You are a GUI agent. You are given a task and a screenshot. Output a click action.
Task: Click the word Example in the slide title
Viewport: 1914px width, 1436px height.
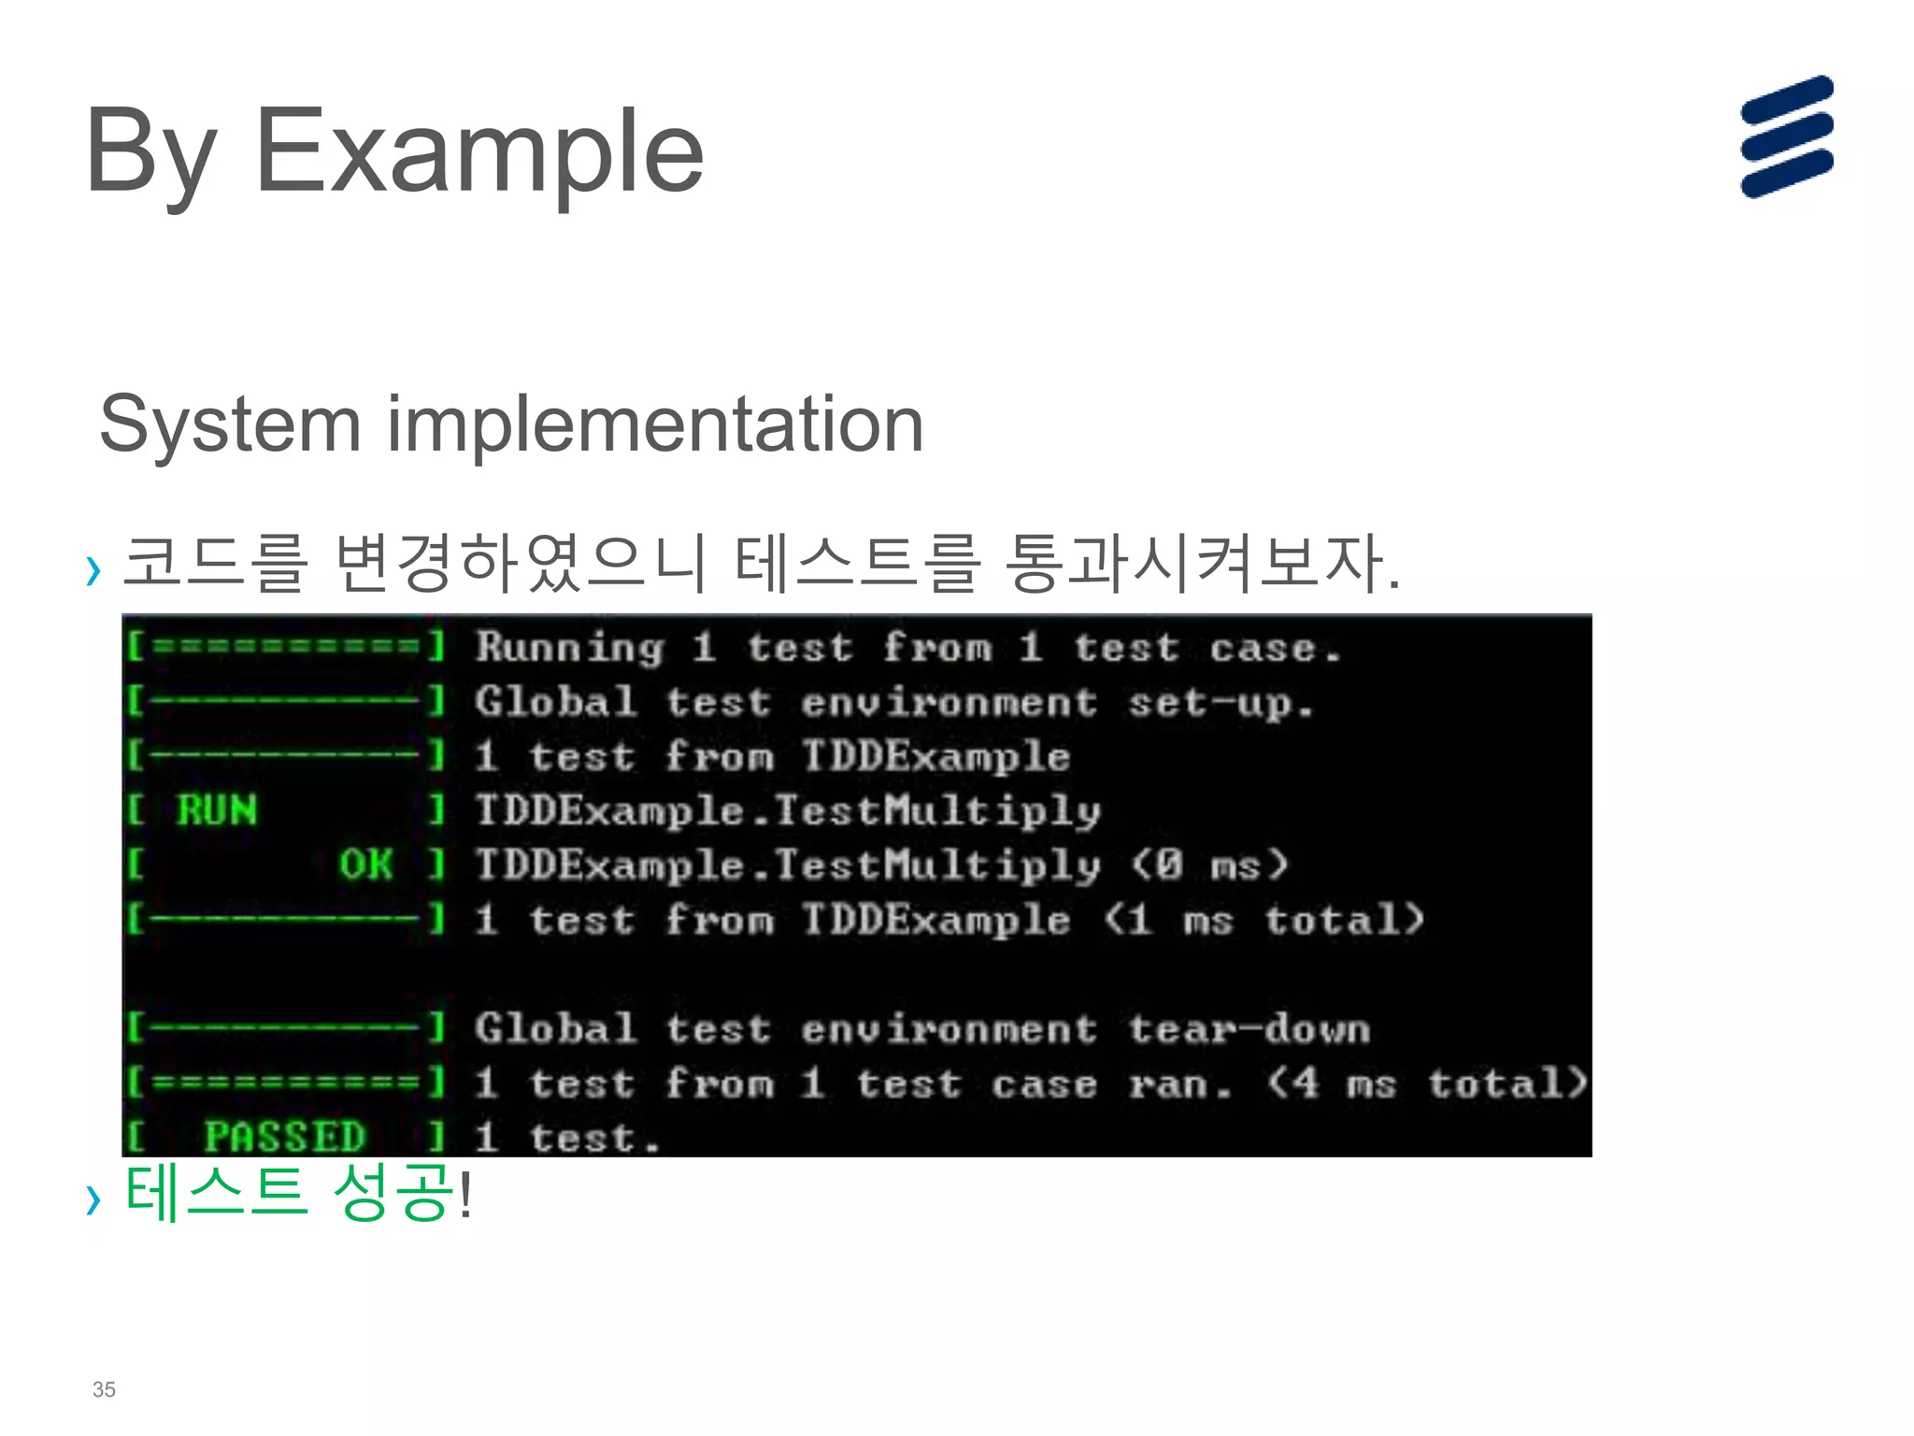coord(478,151)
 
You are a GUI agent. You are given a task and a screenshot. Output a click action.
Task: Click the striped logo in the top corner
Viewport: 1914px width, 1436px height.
coord(1786,136)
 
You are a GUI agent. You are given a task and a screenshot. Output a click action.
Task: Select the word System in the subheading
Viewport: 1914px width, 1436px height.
coord(230,425)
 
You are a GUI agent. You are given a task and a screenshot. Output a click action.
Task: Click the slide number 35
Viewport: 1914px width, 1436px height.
coord(104,1389)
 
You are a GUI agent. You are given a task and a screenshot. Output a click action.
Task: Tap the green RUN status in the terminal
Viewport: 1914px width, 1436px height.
coord(217,810)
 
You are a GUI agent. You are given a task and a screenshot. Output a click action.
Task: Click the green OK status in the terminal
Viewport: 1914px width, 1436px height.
coord(365,865)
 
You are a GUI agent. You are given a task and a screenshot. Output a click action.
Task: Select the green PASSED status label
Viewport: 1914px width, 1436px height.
coord(284,1137)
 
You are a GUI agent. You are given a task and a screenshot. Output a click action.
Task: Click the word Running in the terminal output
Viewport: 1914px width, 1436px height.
coord(569,647)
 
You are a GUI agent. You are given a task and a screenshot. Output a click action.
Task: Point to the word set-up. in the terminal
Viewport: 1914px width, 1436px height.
coord(1221,703)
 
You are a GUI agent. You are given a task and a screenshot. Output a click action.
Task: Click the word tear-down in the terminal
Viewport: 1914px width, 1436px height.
coord(1249,1029)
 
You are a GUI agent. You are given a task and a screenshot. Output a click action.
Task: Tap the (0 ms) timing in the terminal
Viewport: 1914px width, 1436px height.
coord(1209,865)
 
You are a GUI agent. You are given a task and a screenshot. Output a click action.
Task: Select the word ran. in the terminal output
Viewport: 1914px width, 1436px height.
coord(1179,1084)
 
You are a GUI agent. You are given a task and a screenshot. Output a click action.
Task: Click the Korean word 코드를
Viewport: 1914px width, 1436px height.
coord(215,563)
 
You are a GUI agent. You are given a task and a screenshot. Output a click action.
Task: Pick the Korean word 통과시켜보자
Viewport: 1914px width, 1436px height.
coord(1202,563)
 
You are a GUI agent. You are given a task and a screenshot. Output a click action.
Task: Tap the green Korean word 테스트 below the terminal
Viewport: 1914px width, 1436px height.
coord(216,1192)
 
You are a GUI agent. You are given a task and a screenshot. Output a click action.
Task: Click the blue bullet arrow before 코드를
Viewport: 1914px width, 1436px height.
coord(93,569)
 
